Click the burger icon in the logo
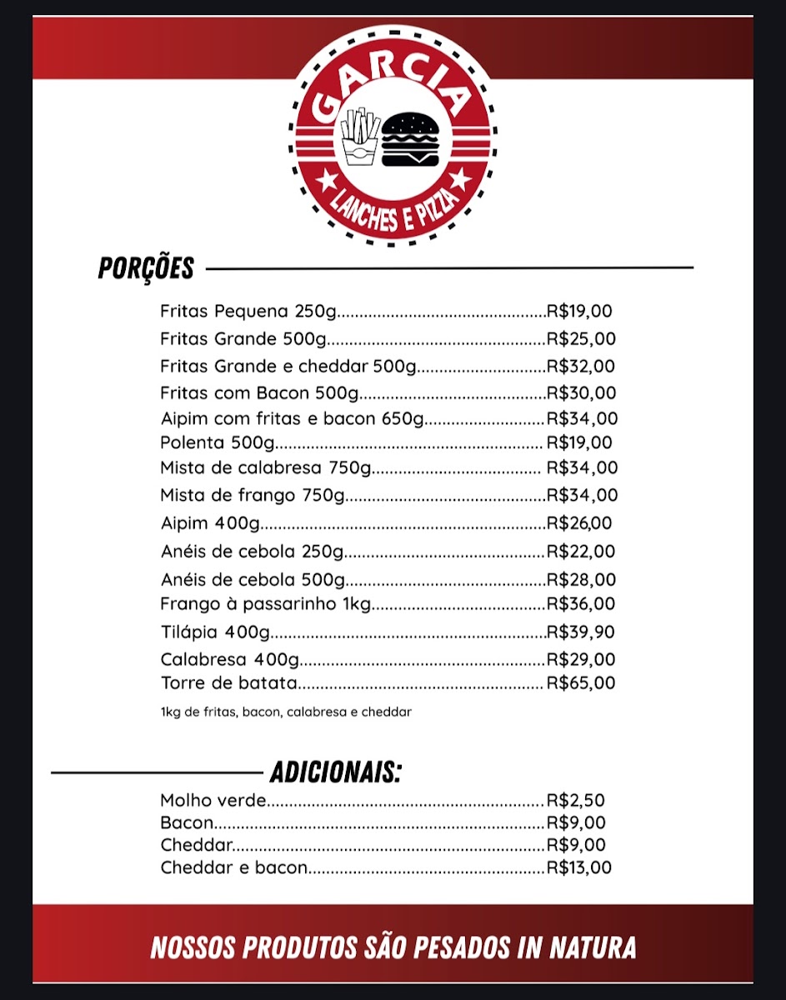[410, 138]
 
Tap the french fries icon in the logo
[359, 138]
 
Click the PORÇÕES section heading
[146, 268]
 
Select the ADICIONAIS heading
[335, 772]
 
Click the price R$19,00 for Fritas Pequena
[579, 312]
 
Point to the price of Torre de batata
[581, 683]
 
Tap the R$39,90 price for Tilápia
[581, 631]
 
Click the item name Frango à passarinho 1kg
[265, 603]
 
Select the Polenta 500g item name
[218, 442]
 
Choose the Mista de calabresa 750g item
[265, 468]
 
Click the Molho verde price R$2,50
[575, 801]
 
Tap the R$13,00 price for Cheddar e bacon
[578, 867]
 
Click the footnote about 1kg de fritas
[286, 712]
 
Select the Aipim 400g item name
[210, 523]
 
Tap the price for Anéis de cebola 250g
[581, 552]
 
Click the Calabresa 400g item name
[229, 659]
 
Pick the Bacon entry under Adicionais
[187, 823]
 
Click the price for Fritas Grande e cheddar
[581, 366]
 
